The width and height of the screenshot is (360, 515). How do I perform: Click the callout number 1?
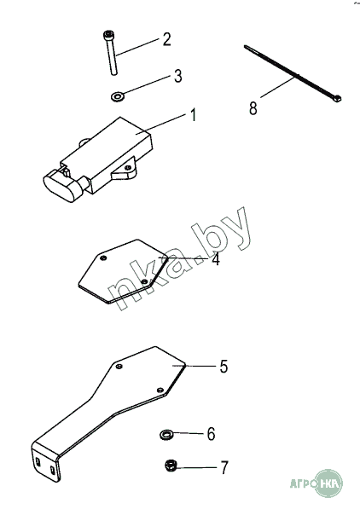pyautogui.click(x=193, y=115)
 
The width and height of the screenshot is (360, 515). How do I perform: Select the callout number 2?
pyautogui.click(x=167, y=39)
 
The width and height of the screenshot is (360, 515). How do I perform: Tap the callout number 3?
pyautogui.click(x=177, y=76)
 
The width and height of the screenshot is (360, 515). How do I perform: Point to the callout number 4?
pyautogui.click(x=216, y=259)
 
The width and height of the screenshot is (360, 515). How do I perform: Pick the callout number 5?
pyautogui.click(x=224, y=367)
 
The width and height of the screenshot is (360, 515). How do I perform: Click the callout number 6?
pyautogui.click(x=211, y=434)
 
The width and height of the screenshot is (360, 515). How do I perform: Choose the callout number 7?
pyautogui.click(x=224, y=467)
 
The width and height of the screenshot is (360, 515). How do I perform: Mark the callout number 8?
pyautogui.click(x=253, y=108)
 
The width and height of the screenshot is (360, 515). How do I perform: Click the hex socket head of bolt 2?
pyautogui.click(x=107, y=34)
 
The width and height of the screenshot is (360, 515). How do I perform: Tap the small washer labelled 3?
pyautogui.click(x=117, y=96)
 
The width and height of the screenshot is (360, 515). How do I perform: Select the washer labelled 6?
pyautogui.click(x=166, y=435)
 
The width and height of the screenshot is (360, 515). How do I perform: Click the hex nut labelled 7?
pyautogui.click(x=171, y=466)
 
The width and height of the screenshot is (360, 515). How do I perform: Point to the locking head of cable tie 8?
pyautogui.click(x=337, y=98)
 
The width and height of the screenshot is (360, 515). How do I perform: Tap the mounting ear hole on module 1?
pyautogui.click(x=128, y=167)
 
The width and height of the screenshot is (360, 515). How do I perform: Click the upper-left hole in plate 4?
pyautogui.click(x=103, y=257)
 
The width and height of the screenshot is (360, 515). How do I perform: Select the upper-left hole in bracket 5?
pyautogui.click(x=119, y=367)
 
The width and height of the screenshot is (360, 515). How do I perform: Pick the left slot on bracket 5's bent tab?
pyautogui.click(x=38, y=462)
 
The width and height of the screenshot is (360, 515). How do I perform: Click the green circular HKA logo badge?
pyautogui.click(x=328, y=483)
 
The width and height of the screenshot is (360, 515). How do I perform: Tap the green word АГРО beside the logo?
pyautogui.click(x=302, y=483)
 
